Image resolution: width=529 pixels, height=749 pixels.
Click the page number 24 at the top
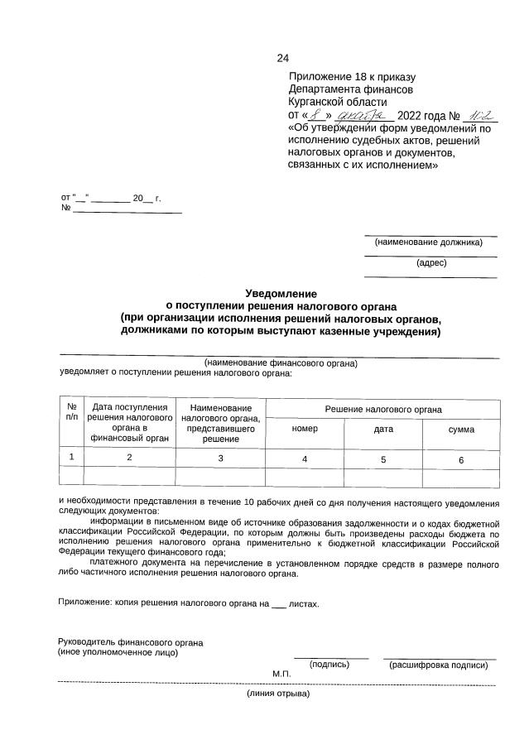[282, 58]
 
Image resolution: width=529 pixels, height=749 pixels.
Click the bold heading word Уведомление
[281, 293]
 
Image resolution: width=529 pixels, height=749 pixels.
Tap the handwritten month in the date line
[362, 116]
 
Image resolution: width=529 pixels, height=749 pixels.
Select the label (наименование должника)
[428, 242]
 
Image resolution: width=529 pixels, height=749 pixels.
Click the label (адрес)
[431, 262]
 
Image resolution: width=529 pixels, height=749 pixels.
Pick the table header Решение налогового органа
[382, 410]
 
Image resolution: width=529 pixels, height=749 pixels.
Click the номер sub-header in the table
[305, 430]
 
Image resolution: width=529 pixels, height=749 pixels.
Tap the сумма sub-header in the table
[461, 430]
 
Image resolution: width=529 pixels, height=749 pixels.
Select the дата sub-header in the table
[383, 430]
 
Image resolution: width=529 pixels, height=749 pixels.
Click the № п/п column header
[72, 411]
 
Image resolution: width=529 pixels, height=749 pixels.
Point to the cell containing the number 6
[461, 459]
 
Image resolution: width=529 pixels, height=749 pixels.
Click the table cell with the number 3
[220, 459]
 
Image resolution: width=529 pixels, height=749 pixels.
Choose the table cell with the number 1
[72, 457]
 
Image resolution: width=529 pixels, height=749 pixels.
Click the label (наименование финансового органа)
[281, 362]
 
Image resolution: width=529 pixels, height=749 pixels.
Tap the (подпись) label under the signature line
[329, 665]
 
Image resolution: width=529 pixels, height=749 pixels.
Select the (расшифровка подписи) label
[438, 665]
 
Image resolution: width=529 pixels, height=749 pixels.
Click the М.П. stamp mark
[282, 675]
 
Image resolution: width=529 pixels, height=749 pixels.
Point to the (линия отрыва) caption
[278, 694]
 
